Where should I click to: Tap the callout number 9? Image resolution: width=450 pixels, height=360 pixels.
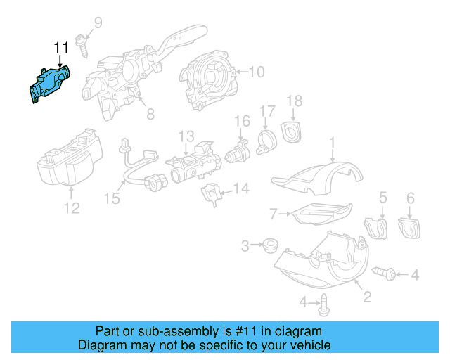pos(98,23)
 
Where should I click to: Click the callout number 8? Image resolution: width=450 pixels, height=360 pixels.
pos(150,114)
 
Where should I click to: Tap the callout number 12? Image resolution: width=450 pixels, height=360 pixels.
pos(72,207)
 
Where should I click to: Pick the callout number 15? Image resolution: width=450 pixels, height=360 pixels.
pos(112,199)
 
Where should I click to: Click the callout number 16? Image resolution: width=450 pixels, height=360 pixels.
pos(242,122)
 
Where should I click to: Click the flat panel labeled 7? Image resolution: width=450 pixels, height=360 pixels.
pos(320,212)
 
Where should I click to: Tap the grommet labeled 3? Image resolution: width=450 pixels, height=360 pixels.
pos(268,246)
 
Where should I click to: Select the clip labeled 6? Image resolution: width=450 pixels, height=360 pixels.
pos(409,226)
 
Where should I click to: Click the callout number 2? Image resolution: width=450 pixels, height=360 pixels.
pos(366,297)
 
